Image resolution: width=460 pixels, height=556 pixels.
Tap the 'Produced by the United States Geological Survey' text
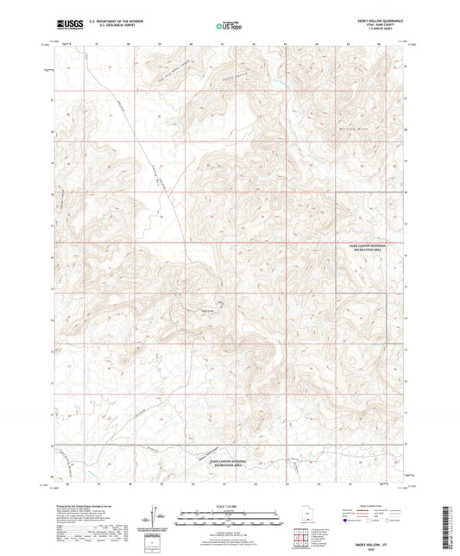coord(87,496)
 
